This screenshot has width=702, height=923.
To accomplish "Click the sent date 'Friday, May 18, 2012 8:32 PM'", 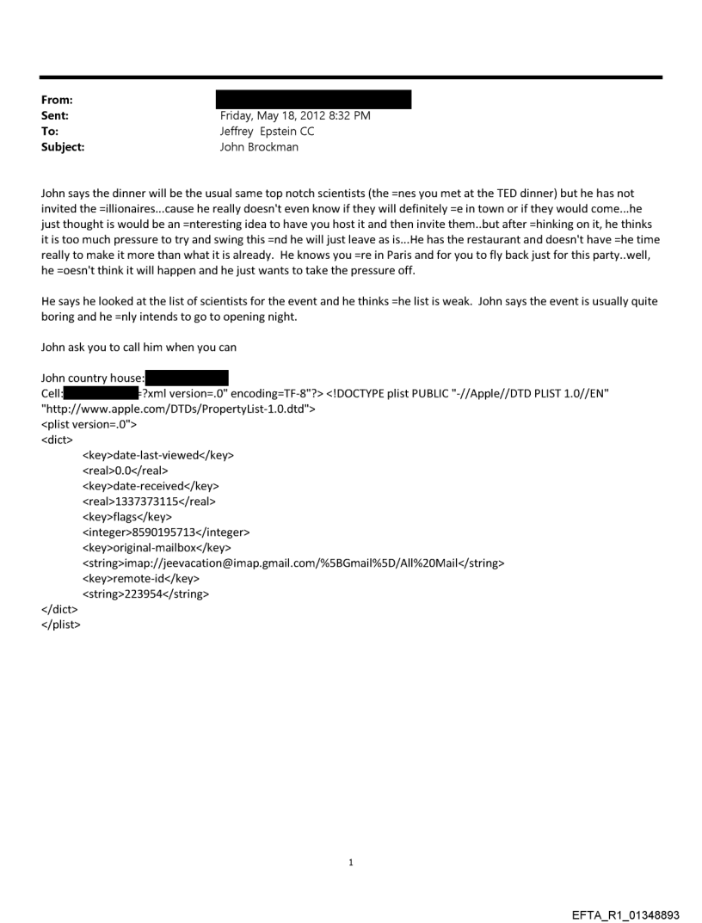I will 295,115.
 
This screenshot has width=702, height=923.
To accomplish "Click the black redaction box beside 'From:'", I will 313,99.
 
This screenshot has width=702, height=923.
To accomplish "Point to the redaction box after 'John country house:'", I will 187,378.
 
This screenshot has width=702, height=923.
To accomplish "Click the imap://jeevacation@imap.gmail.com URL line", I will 292,563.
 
